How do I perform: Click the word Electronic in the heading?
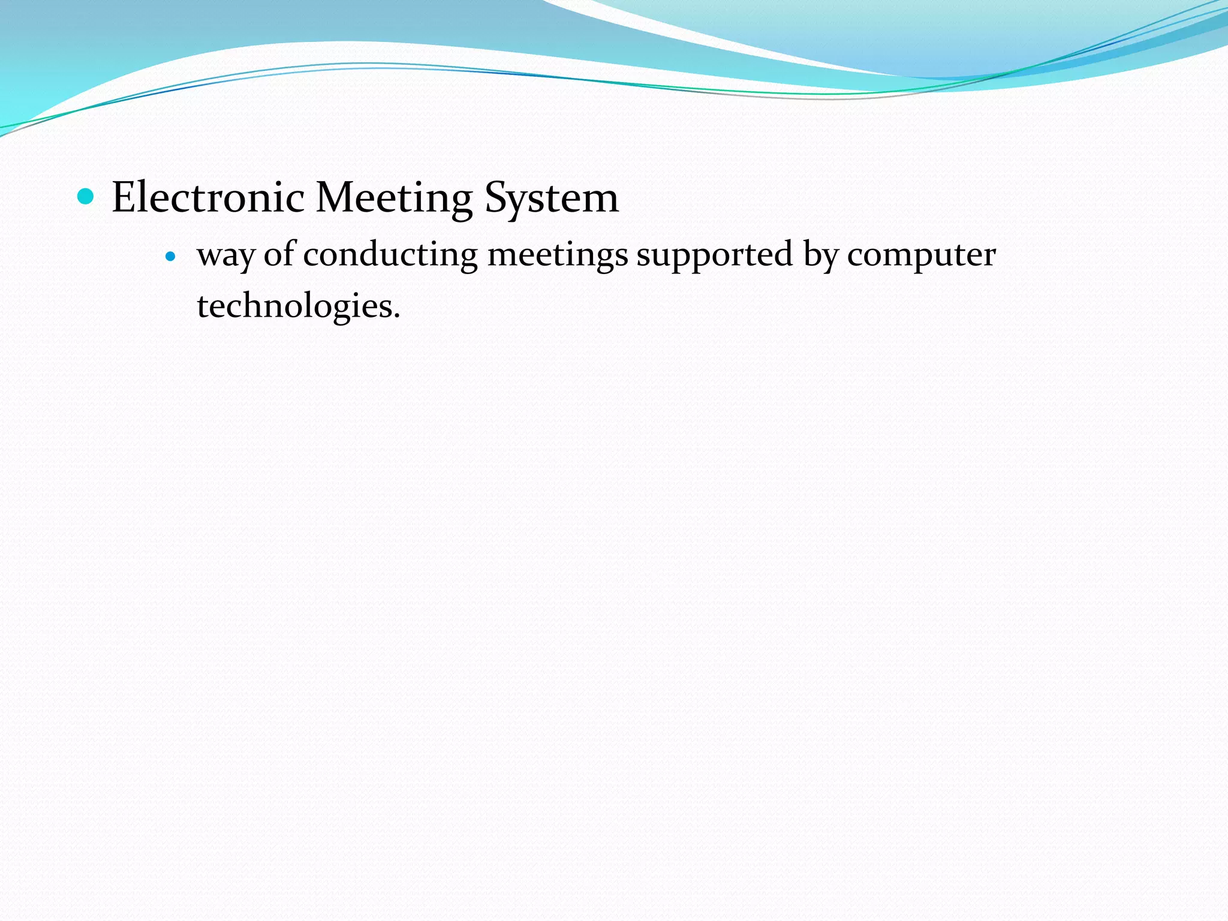pyautogui.click(x=208, y=197)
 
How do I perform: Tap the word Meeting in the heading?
pyautogui.click(x=394, y=198)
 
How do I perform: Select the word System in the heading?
pyautogui.click(x=551, y=198)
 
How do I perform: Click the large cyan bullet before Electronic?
pyautogui.click(x=86, y=196)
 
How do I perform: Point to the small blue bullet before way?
pyautogui.click(x=171, y=257)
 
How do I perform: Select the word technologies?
pyautogui.click(x=294, y=307)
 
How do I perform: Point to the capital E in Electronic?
pyautogui.click(x=124, y=197)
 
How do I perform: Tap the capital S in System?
pyautogui.click(x=495, y=197)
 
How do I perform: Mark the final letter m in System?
pyautogui.click(x=600, y=201)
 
